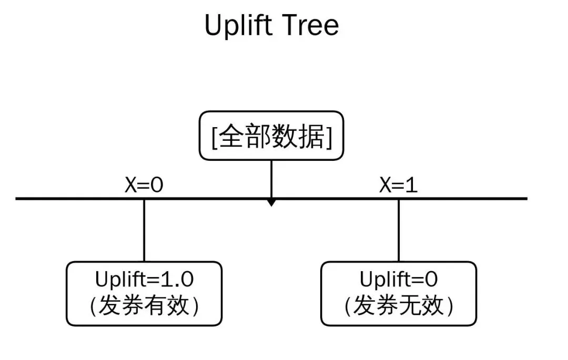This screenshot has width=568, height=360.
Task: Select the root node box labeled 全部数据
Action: (x=271, y=136)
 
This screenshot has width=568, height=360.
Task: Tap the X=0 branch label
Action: (x=144, y=186)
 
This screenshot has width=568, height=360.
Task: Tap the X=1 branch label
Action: (x=398, y=186)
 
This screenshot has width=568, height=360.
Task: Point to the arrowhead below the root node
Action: (x=271, y=202)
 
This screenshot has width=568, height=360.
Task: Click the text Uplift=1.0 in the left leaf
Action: (x=144, y=279)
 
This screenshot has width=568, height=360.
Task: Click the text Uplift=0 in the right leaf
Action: (x=398, y=279)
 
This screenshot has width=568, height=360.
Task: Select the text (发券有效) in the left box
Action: (x=144, y=306)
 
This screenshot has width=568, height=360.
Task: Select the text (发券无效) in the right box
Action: (x=398, y=306)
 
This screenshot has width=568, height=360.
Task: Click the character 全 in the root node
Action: (x=230, y=136)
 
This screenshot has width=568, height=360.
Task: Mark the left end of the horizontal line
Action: (x=17, y=199)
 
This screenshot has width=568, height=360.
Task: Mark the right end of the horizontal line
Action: (x=525, y=199)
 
